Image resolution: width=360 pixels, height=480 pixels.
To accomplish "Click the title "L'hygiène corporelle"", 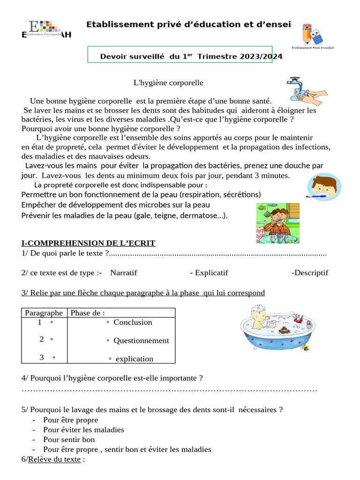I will pos(168,82).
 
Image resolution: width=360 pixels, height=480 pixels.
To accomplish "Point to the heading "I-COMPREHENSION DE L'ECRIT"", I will pos(88,243).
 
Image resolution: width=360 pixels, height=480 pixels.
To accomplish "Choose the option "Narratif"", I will pos(124,273).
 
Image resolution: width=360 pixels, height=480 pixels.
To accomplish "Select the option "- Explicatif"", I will pos(209,273).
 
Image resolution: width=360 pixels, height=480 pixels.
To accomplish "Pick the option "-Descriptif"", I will pos(310,273).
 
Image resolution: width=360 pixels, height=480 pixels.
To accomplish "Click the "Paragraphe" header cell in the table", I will pos(44,313).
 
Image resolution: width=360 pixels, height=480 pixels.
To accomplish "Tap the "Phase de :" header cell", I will pos(87,313).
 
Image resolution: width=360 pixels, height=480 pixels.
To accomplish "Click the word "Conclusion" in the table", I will pos(133,322).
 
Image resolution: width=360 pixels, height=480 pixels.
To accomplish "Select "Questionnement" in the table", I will pos(141,340).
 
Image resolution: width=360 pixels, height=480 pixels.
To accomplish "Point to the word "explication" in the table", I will pos(134,359).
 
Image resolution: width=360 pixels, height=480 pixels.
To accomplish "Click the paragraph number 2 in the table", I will pos(42,339).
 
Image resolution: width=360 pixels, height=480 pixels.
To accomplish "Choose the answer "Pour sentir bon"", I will pos(69,439).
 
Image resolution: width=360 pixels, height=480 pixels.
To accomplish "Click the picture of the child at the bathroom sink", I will pos(277,223).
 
